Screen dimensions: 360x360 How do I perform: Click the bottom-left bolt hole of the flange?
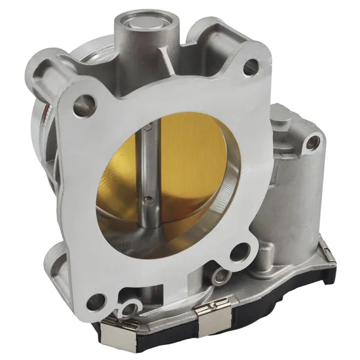tap(97, 301)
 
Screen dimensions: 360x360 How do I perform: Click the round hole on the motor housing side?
tap(313, 139)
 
